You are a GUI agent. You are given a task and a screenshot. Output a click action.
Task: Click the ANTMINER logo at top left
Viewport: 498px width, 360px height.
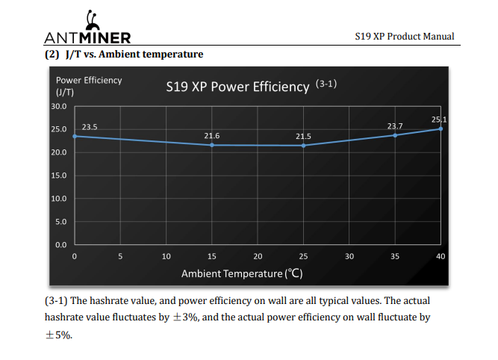pos(87,31)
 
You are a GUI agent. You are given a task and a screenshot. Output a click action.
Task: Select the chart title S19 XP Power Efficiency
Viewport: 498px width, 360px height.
pos(237,87)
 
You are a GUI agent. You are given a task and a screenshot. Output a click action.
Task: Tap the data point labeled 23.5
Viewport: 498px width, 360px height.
pos(75,136)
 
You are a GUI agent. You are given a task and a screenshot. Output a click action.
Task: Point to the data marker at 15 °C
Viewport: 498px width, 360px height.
pos(212,145)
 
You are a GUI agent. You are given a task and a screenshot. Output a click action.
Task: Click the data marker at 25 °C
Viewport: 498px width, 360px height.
pos(303,146)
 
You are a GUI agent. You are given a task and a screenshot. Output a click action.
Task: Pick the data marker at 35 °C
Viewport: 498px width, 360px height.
pos(395,134)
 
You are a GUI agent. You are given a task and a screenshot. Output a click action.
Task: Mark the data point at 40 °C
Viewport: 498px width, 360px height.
pos(441,128)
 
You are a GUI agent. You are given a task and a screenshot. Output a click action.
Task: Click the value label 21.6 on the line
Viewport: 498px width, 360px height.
pos(212,135)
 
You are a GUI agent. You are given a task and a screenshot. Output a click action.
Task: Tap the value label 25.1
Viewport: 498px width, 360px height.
pos(439,120)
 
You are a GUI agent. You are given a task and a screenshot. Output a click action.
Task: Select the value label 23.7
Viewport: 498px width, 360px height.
pos(395,125)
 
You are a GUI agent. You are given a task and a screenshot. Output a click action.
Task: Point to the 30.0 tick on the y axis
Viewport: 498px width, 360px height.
pos(58,106)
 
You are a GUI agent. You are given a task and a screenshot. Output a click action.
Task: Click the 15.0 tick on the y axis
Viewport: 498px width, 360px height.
pos(58,176)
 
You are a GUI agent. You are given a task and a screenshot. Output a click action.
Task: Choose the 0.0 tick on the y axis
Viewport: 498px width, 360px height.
pos(60,245)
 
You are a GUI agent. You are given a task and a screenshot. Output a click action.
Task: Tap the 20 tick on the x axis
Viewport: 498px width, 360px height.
pos(258,256)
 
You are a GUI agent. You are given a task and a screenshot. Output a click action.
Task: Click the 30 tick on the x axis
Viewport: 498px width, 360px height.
pos(349,256)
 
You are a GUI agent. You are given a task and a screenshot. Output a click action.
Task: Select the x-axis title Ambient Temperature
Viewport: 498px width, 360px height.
pos(242,273)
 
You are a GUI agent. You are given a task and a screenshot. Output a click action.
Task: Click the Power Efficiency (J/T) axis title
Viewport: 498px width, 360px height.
pos(88,85)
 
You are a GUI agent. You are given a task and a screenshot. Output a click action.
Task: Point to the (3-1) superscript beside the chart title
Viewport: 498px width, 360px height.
pos(327,83)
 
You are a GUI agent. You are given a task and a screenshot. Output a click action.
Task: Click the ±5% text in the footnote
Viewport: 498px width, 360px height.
pos(59,335)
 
